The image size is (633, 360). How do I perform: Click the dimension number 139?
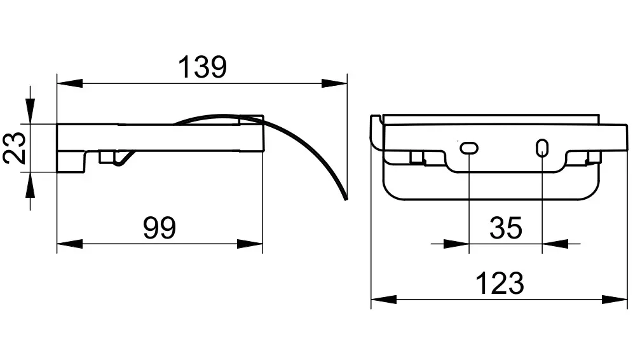click(x=202, y=67)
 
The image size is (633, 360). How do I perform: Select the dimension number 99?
click(x=160, y=228)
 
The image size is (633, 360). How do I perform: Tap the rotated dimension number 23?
click(x=15, y=148)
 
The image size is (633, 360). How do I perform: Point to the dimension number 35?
click(x=506, y=228)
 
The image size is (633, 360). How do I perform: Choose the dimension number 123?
click(x=500, y=283)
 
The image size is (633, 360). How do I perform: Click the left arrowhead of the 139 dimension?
click(x=70, y=83)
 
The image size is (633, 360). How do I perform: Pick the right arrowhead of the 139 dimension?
click(x=334, y=83)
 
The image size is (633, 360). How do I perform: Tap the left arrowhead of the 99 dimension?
click(x=70, y=244)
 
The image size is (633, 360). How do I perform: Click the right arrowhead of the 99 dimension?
click(x=250, y=244)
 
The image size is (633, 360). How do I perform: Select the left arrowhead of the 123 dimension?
click(x=384, y=300)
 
